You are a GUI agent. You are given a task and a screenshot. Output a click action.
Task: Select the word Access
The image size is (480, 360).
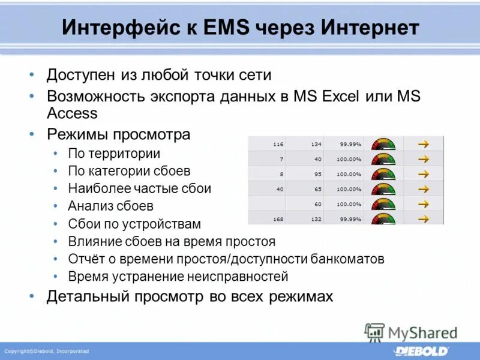point(72,113)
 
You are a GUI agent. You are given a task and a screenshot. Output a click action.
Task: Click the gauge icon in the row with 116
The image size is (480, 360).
point(383,144)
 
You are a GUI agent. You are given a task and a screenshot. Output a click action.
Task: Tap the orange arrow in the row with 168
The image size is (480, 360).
point(424,219)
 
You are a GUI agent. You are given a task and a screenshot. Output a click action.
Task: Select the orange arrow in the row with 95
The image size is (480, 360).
point(424,174)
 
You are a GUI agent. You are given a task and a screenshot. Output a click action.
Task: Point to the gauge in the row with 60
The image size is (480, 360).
point(383,204)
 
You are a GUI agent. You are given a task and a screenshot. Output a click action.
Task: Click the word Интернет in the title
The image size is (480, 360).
point(370,28)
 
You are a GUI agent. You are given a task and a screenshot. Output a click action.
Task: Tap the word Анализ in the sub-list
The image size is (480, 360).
point(89,206)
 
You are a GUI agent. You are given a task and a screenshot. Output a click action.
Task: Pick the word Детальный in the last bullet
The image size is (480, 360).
point(88,296)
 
